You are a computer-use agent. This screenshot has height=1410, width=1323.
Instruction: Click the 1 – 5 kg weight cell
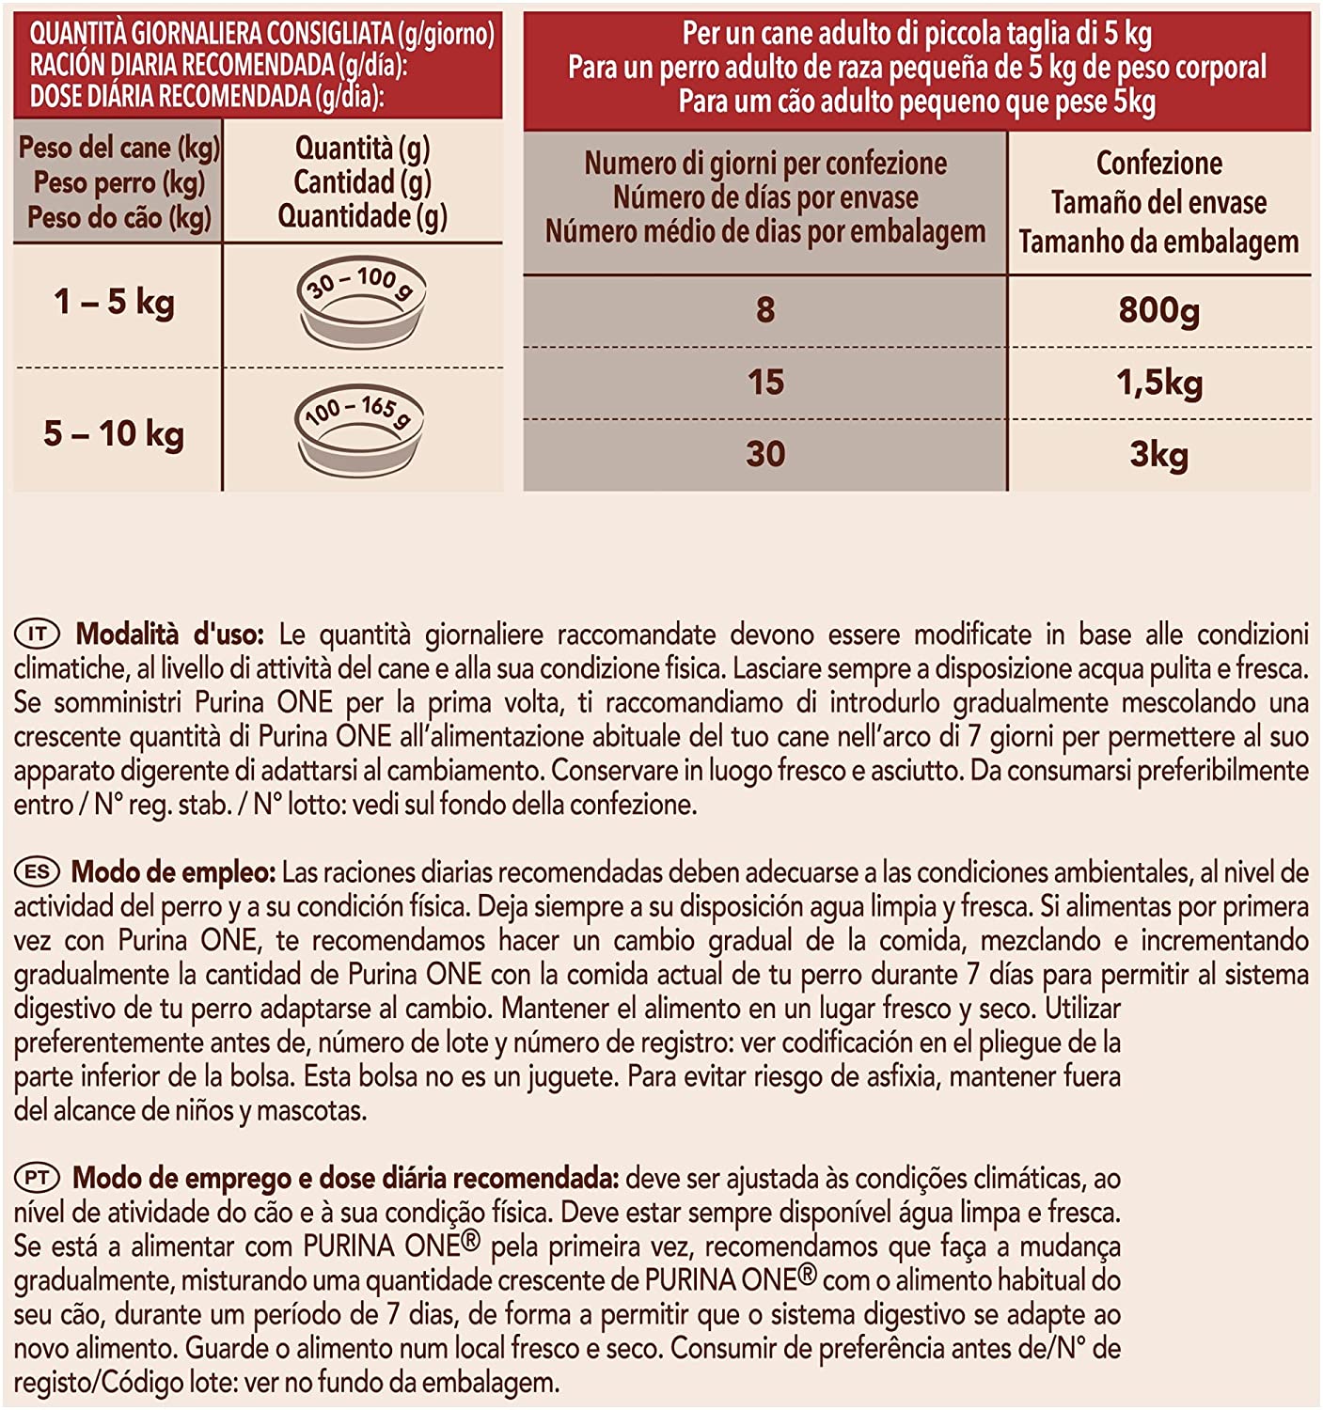[114, 303]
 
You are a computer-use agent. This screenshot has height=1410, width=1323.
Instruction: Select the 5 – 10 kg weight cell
[114, 433]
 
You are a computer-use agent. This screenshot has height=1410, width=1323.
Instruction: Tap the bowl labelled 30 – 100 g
[362, 303]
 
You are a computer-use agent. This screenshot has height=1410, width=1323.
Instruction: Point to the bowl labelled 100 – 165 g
[360, 431]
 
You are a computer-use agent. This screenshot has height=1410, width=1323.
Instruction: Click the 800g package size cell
[1158, 309]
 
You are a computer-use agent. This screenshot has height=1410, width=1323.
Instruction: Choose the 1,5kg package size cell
[1158, 383]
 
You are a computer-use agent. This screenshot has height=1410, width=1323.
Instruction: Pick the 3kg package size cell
[1158, 455]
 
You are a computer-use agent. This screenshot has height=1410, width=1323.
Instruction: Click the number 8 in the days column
[765, 309]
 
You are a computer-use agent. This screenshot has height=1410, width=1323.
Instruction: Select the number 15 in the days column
[765, 383]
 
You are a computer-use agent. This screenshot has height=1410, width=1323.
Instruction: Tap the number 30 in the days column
[765, 455]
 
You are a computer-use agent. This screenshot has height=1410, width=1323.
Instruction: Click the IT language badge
[37, 634]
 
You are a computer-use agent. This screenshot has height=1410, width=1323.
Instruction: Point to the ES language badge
[37, 872]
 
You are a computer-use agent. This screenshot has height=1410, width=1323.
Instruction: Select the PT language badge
[37, 1178]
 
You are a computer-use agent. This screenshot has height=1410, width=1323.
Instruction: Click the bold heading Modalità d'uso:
[170, 634]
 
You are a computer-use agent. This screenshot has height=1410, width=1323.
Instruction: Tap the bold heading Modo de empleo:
[173, 872]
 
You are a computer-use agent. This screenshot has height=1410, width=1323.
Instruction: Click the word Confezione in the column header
[1158, 164]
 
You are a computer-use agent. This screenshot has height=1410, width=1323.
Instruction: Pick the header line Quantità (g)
[362, 148]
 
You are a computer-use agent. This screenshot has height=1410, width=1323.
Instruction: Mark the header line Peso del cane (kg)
[118, 148]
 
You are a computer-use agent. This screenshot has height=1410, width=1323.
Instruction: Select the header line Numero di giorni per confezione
[765, 164]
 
